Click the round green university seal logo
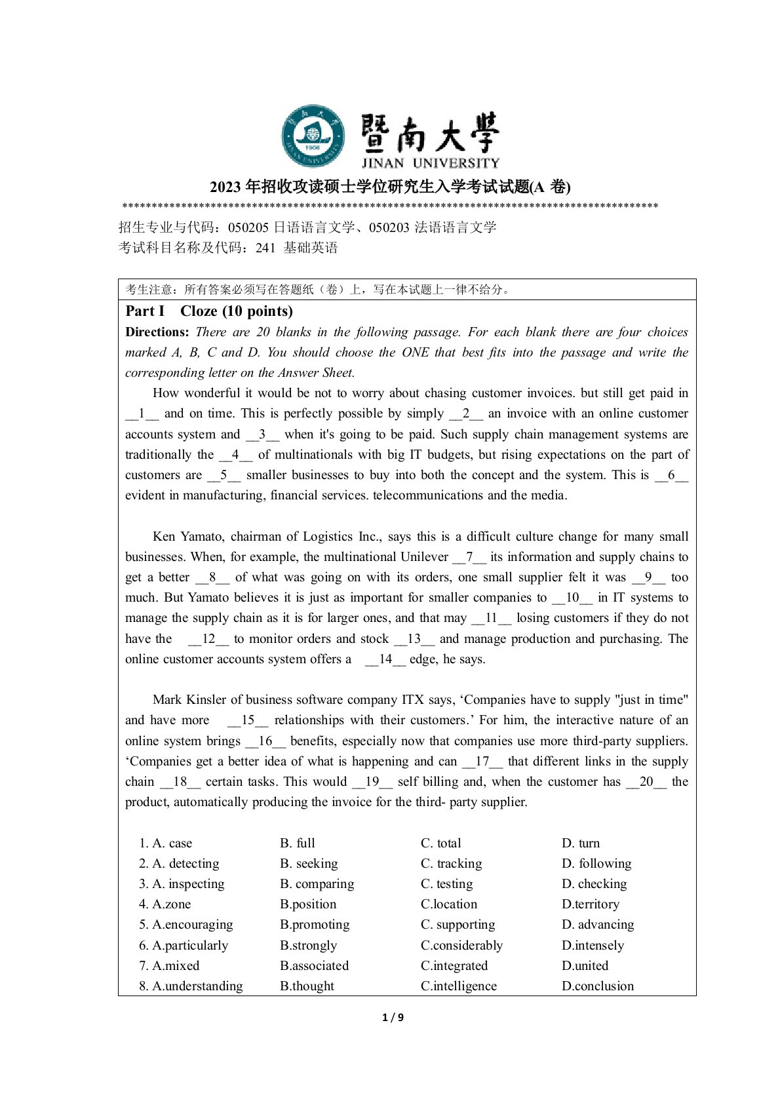click(313, 136)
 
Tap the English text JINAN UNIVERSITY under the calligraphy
click(430, 163)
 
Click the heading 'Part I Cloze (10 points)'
click(209, 311)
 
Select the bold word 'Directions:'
click(157, 332)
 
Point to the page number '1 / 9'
click(393, 1017)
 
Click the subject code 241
click(265, 248)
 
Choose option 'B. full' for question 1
click(298, 843)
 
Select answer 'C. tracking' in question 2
click(451, 863)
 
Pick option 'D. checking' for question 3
click(594, 883)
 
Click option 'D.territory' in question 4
click(590, 904)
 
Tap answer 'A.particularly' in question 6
click(184, 945)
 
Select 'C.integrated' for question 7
click(454, 965)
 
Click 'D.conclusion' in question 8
click(597, 986)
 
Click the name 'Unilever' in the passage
click(424, 556)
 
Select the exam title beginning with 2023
click(390, 187)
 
